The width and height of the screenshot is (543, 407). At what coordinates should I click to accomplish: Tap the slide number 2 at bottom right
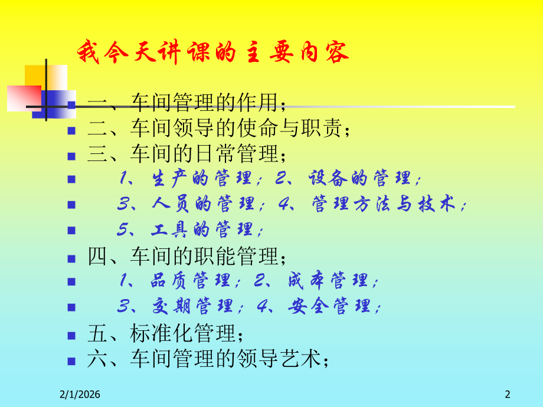(507, 394)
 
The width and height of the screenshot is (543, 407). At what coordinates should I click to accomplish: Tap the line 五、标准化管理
(165, 334)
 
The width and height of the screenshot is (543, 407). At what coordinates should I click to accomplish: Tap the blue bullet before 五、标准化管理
(71, 334)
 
